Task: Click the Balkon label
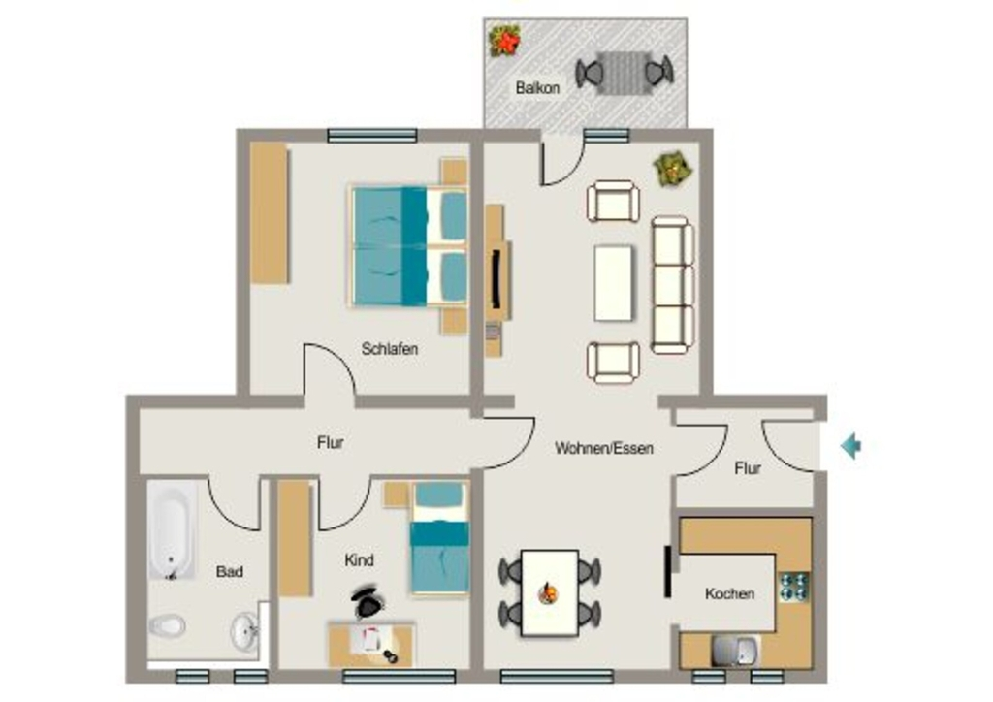tap(537, 87)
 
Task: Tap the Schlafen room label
tap(390, 349)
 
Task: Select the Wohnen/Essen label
tap(603, 448)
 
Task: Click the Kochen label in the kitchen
tap(729, 593)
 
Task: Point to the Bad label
tap(229, 572)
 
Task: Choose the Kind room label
tap(359, 560)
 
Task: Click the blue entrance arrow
tap(850, 446)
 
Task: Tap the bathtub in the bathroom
tap(172, 530)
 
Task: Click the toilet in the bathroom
tap(167, 626)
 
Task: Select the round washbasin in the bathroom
tap(244, 631)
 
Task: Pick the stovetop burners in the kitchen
tap(794, 587)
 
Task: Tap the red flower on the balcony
tap(505, 41)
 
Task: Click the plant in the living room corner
tap(673, 169)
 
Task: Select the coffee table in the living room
tap(613, 283)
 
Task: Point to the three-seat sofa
tap(673, 284)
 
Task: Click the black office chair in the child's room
tap(368, 602)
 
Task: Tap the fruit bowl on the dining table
tap(549, 593)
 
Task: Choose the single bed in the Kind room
tap(439, 538)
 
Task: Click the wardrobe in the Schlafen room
tap(270, 213)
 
